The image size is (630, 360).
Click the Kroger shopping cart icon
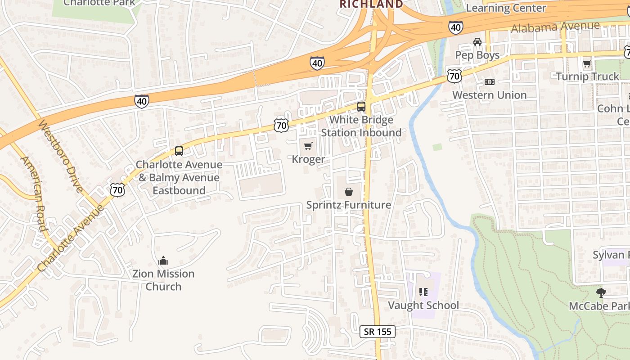click(308, 146)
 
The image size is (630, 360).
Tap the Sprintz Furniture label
click(348, 205)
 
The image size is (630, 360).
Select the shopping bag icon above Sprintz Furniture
click(348, 192)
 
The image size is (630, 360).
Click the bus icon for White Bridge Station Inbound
click(361, 107)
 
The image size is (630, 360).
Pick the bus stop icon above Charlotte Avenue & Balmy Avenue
click(179, 151)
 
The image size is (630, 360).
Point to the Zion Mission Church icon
click(163, 261)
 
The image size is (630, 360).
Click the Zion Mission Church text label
click(163, 280)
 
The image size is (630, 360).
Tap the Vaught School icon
click(423, 292)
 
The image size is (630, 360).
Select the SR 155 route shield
click(378, 332)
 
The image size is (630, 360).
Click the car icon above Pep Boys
click(477, 42)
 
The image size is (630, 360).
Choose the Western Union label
click(489, 95)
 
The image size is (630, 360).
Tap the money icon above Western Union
click(489, 82)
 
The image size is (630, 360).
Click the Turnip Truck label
click(587, 76)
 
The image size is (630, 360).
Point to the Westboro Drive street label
click(60, 156)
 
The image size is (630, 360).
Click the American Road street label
click(34, 193)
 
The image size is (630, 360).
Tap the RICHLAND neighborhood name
click(371, 4)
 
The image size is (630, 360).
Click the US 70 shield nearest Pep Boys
click(454, 76)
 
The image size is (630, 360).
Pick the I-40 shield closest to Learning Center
click(455, 28)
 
